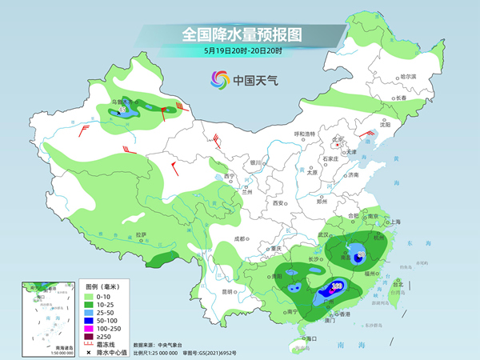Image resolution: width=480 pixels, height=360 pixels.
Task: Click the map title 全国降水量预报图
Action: pos(240,34)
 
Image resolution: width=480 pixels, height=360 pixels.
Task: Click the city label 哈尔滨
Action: pos(408,77)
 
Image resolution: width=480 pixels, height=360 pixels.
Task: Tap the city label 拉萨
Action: pos(141,234)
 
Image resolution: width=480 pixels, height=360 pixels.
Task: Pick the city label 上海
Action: pos(394,222)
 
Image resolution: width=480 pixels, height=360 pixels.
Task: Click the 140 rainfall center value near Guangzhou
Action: pos(337,285)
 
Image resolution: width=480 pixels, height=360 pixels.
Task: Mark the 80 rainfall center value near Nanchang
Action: pos(361,255)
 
